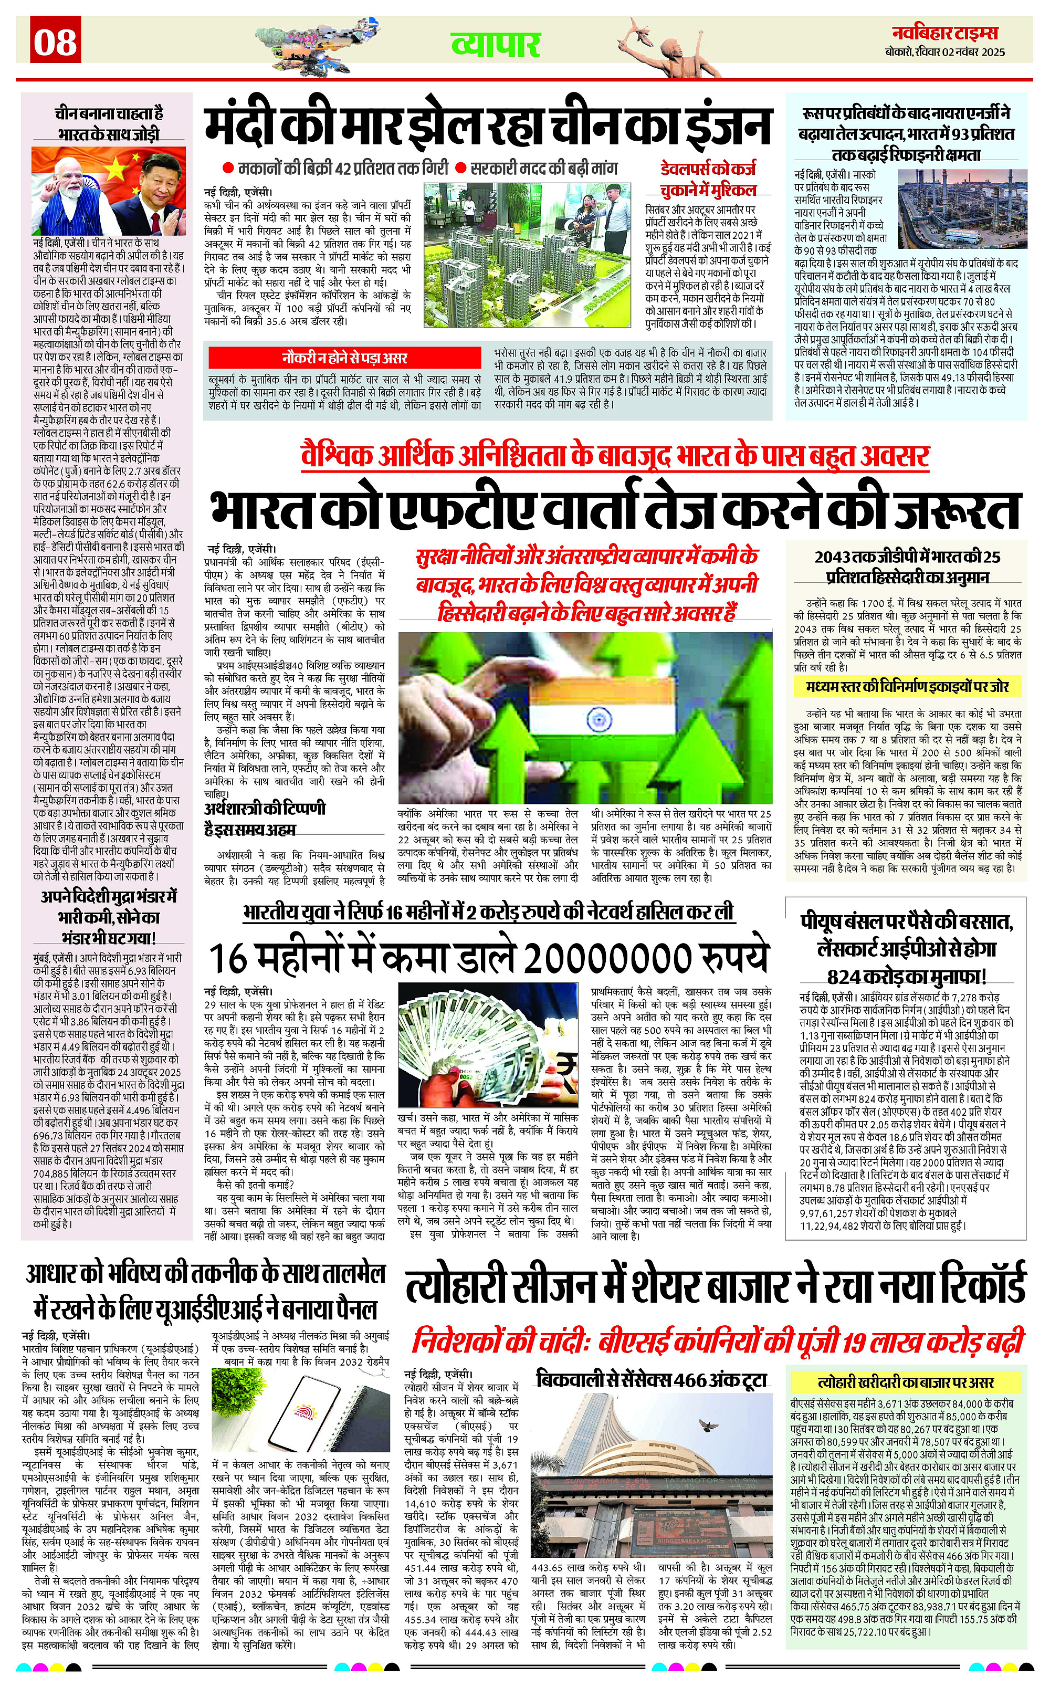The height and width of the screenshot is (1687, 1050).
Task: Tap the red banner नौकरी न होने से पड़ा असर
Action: pos(344,358)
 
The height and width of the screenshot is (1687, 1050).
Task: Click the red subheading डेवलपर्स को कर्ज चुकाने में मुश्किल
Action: pos(708,179)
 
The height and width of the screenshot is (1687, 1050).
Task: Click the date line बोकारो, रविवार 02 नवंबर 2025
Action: pos(944,52)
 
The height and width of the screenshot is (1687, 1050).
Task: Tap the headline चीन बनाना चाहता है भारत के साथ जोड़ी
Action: pos(108,123)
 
